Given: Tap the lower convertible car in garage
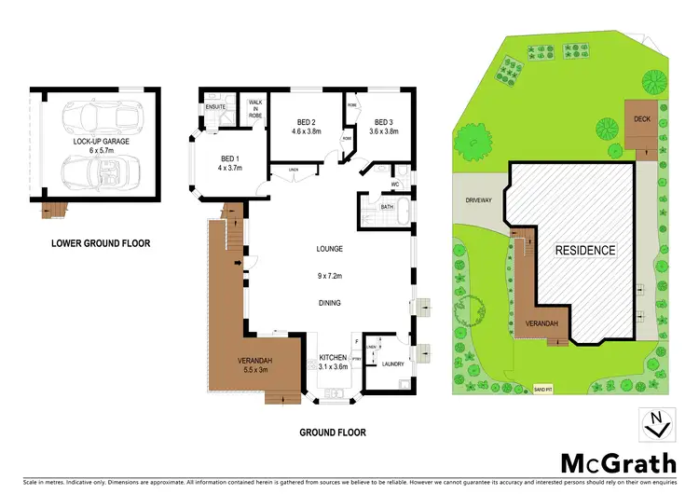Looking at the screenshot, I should (97, 173).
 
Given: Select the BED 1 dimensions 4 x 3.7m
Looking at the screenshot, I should (230, 169).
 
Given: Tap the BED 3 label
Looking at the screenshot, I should (385, 122).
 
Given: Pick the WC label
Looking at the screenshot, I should (395, 170).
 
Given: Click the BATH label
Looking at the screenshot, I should (372, 208).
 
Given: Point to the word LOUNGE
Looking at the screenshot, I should (330, 249).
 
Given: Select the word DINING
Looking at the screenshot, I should (330, 303).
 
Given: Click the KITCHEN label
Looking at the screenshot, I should (333, 358).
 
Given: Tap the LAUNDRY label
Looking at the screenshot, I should (391, 364).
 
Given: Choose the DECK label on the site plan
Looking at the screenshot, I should (642, 119).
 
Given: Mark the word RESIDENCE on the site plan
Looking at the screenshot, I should (585, 250).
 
